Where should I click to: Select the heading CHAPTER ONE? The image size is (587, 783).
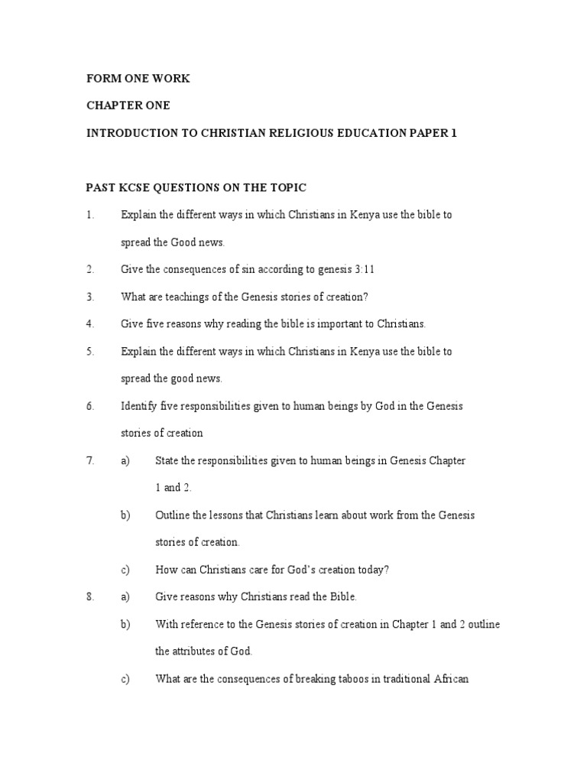[129, 106]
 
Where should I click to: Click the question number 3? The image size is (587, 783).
[90, 297]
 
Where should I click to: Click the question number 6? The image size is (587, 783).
[90, 406]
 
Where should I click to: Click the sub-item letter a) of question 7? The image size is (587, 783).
[125, 460]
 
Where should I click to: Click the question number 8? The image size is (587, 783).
[90, 597]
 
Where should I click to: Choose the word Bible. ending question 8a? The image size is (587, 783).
[341, 597]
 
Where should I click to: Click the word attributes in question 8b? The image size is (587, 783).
[199, 651]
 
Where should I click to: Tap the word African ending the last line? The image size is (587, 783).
[450, 679]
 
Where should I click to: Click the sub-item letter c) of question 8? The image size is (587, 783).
[125, 679]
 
